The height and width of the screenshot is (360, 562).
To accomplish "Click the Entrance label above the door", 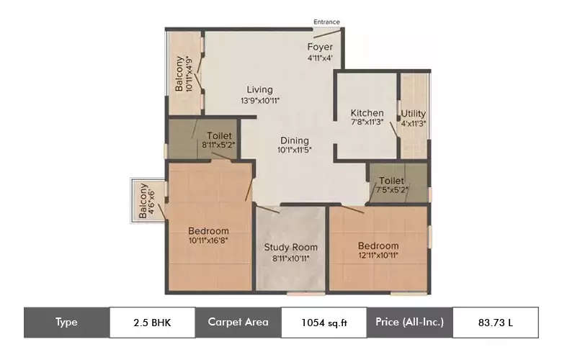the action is click(x=326, y=22).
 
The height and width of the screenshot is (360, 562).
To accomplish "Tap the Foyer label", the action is click(x=320, y=47).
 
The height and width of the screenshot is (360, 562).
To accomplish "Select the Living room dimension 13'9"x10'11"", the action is click(x=260, y=101).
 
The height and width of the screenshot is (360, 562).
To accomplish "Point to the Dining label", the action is click(x=295, y=141).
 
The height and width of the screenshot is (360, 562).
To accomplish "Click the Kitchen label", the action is click(x=367, y=113).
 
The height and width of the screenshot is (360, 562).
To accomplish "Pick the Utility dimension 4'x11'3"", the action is click(x=414, y=124).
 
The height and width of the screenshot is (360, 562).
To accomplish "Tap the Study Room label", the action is click(x=290, y=247).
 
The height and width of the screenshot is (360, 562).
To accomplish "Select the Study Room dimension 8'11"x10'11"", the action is click(x=290, y=258).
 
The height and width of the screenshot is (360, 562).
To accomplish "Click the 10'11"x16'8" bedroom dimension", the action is click(x=208, y=240).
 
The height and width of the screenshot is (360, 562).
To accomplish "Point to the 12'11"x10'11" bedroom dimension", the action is click(x=378, y=256).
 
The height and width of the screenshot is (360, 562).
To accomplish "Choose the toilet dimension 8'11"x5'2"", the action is click(x=218, y=145).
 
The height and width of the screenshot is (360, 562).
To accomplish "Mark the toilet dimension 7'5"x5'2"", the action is click(x=392, y=190).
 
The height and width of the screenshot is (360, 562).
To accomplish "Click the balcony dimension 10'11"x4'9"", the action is click(x=189, y=73).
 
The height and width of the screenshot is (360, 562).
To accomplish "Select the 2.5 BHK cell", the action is click(x=152, y=323).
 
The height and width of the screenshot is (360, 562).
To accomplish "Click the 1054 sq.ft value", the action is click(x=324, y=323).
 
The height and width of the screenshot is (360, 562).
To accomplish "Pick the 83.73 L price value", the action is click(x=496, y=323).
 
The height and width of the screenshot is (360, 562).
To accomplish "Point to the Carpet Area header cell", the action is click(x=238, y=323).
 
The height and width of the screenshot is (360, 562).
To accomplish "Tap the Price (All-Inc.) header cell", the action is click(x=410, y=323).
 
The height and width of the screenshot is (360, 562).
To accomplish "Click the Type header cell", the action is click(x=67, y=323).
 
